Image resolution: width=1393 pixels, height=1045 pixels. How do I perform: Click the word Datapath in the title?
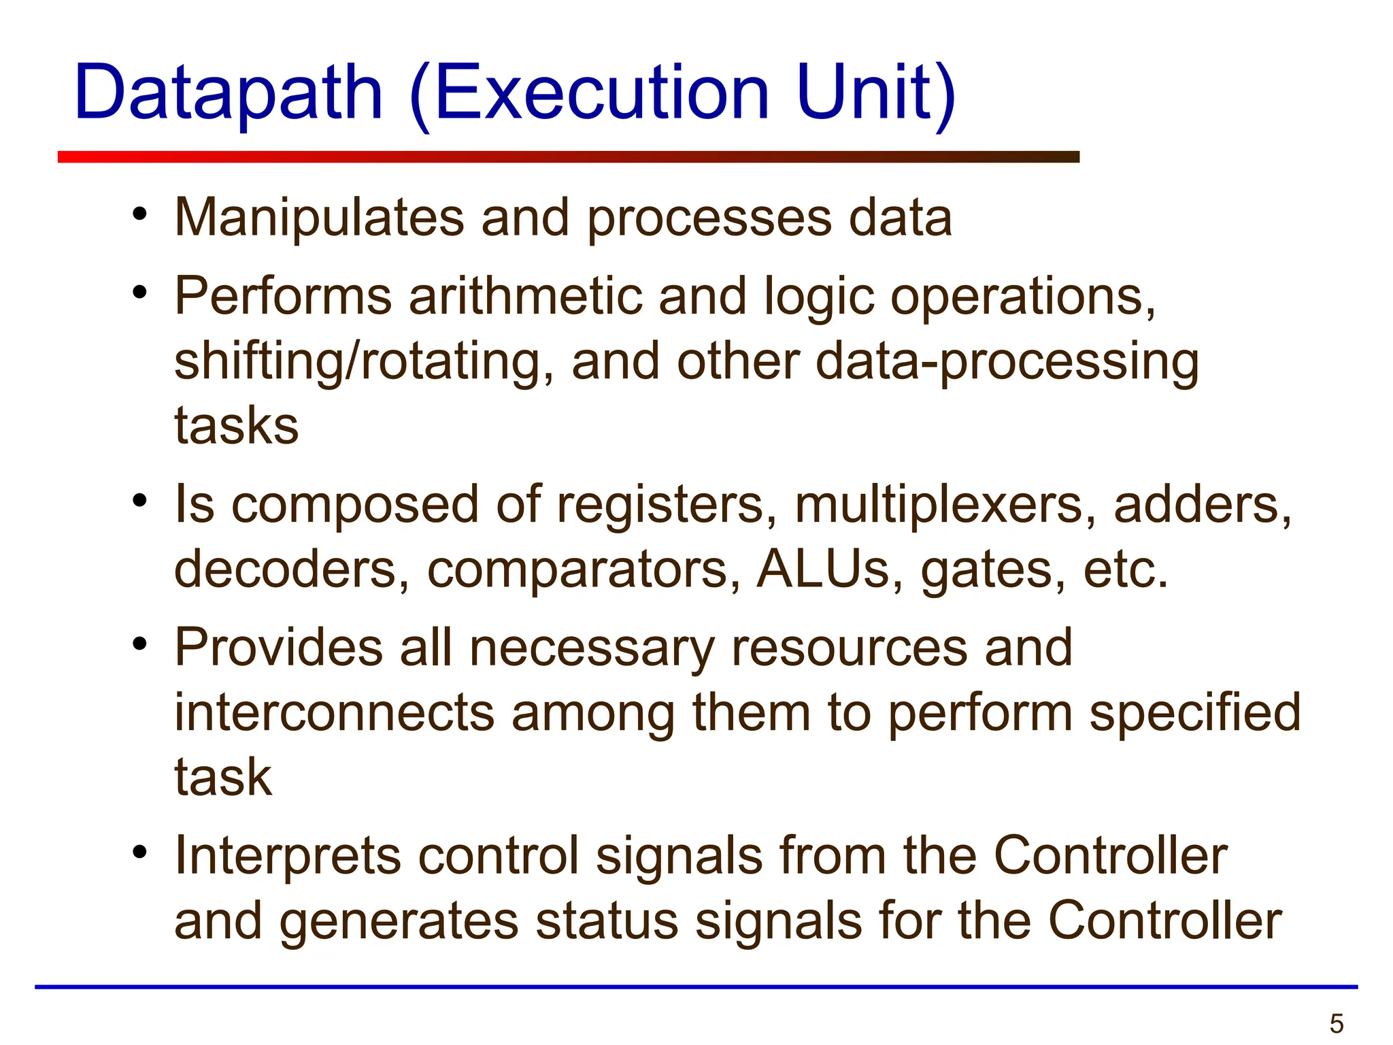tap(229, 94)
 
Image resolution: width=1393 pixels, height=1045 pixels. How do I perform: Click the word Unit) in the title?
tap(876, 93)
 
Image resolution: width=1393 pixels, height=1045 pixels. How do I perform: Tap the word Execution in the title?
tap(601, 93)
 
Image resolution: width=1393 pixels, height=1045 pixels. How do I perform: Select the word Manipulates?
tap(318, 218)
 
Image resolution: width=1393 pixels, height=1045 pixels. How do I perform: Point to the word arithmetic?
tap(525, 297)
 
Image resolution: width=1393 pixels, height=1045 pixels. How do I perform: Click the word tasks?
tap(236, 426)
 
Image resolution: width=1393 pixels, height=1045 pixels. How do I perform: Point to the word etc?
tap(1125, 569)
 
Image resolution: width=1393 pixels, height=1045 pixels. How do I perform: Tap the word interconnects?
tap(334, 713)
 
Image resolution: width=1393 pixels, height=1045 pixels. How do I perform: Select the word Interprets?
tap(288, 857)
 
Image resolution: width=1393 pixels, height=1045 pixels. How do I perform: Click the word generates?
tap(399, 922)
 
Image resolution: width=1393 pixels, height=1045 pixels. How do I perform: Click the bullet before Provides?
tap(140, 643)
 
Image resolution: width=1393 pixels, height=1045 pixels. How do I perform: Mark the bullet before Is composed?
tap(140, 501)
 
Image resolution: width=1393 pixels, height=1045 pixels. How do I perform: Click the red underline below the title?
tap(568, 157)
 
